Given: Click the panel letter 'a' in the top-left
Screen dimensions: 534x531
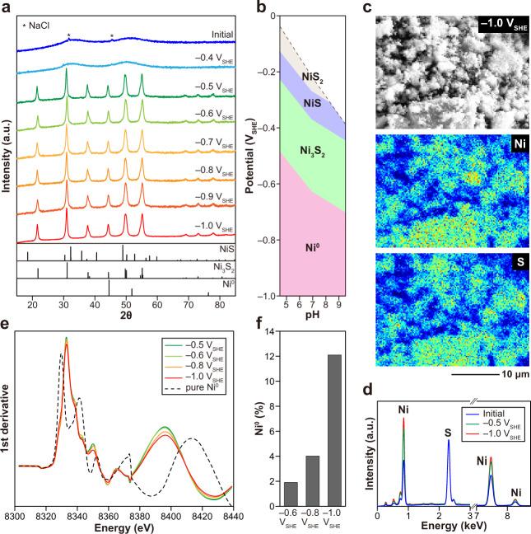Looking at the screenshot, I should (8, 8).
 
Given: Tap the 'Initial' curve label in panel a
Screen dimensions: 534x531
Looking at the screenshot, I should (216, 34).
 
